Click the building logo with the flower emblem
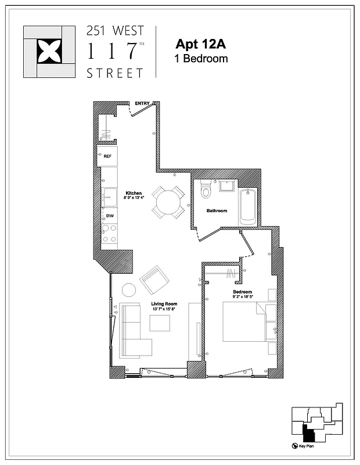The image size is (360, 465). [49, 52]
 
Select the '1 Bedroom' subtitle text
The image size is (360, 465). [201, 59]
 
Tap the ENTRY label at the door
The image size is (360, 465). [142, 103]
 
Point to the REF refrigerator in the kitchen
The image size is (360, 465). [107, 156]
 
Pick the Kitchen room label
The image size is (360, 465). [134, 193]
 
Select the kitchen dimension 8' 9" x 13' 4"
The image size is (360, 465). [134, 198]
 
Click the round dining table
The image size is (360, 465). [169, 202]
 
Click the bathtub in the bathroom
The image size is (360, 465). [248, 207]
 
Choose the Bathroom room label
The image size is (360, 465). [217, 210]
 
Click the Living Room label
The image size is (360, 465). [164, 304]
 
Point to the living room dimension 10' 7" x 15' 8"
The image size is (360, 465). [164, 309]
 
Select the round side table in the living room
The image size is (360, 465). [128, 289]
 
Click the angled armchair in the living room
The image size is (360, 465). [153, 280]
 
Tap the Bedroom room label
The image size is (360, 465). [242, 291]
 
